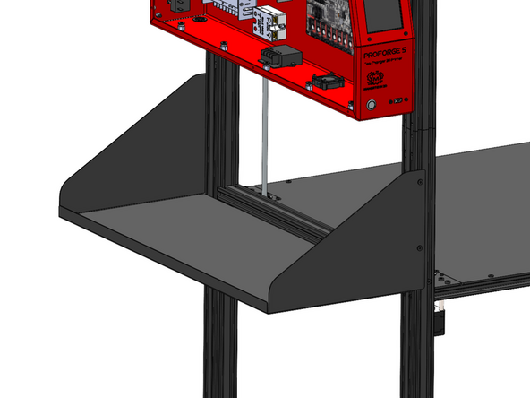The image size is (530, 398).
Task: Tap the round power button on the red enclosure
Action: point(372,106)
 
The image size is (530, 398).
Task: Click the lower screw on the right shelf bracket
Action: point(419,245)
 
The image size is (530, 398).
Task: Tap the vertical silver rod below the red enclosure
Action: point(266,134)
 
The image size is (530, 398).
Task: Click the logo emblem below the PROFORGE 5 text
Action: point(378,79)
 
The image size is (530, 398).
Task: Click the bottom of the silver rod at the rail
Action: point(267,190)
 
